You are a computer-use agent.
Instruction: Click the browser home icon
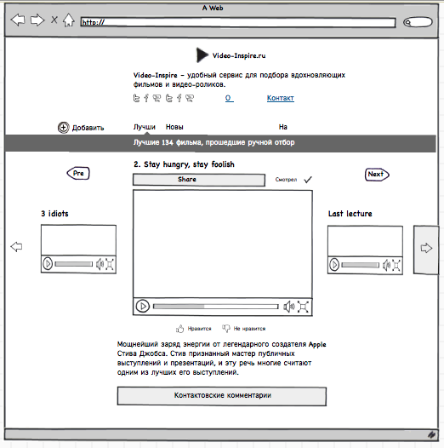tap(69, 20)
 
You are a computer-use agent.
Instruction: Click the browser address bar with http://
tap(238, 22)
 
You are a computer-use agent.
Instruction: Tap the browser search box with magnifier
tap(418, 22)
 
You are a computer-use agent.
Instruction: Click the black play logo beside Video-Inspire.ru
tap(202, 55)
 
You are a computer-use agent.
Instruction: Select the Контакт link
tap(280, 98)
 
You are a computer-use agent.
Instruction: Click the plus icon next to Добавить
tap(63, 128)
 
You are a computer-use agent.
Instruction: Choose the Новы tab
tap(174, 127)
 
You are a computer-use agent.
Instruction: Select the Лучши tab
tap(145, 127)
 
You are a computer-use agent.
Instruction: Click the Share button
tap(199, 180)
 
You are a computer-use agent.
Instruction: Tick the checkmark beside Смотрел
tap(308, 180)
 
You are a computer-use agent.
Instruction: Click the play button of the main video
tap(143, 307)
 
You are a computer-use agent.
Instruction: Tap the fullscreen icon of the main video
tap(303, 307)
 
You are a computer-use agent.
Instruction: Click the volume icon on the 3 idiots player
tap(100, 264)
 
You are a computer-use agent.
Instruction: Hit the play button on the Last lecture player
tap(334, 265)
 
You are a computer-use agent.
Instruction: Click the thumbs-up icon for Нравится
tap(179, 329)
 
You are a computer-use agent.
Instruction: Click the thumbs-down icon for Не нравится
tap(226, 329)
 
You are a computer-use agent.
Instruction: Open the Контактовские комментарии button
tap(222, 396)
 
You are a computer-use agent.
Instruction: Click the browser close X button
tap(54, 20)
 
